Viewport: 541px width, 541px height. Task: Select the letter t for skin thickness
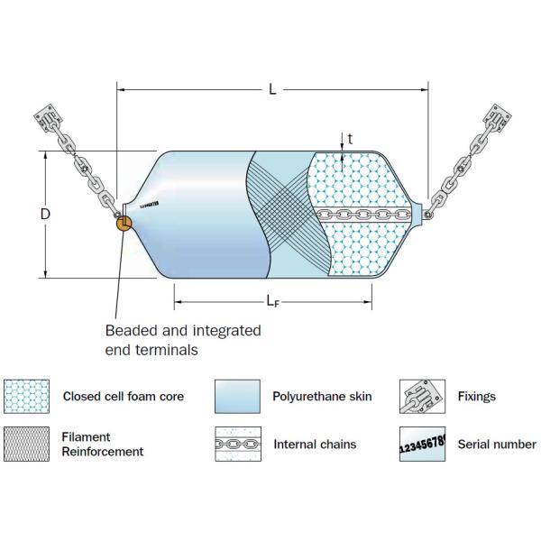pyautogui.click(x=350, y=139)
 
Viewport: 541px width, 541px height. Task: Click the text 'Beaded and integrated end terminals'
pyautogui.click(x=182, y=339)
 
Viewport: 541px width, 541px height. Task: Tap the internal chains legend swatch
pyautogui.click(x=236, y=445)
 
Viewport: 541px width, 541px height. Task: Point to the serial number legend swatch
pyautogui.click(x=422, y=445)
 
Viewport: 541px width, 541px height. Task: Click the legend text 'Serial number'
pyautogui.click(x=497, y=444)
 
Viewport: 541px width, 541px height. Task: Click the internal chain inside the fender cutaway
pyautogui.click(x=365, y=215)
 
